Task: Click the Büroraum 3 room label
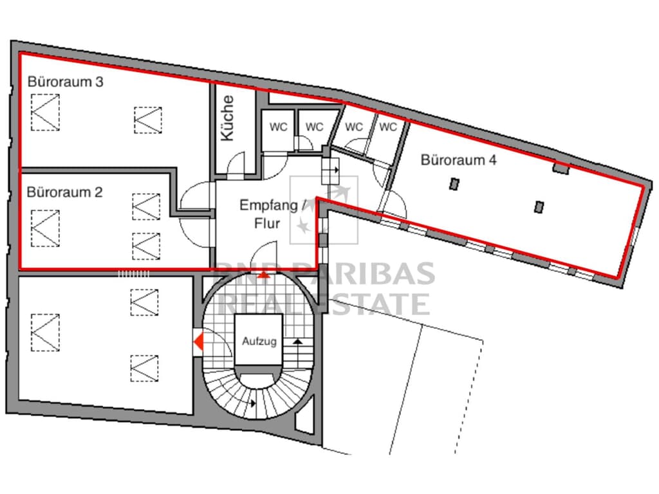pyautogui.click(x=66, y=82)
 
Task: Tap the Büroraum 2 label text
pyautogui.click(x=65, y=192)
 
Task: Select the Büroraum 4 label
pyautogui.click(x=459, y=160)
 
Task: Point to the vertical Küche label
pyautogui.click(x=227, y=118)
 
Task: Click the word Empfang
pyautogui.click(x=269, y=206)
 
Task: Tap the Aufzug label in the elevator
pyautogui.click(x=259, y=341)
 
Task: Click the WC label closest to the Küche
pyautogui.click(x=279, y=127)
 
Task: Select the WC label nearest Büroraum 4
pyautogui.click(x=388, y=127)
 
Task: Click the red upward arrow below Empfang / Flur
pyautogui.click(x=263, y=275)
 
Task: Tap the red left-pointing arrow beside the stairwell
pyautogui.click(x=199, y=341)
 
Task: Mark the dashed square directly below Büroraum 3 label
pyautogui.click(x=46, y=113)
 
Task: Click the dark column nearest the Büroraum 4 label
pyautogui.click(x=454, y=184)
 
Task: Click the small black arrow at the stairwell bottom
pyautogui.click(x=253, y=403)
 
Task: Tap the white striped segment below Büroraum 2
pyautogui.click(x=133, y=273)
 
